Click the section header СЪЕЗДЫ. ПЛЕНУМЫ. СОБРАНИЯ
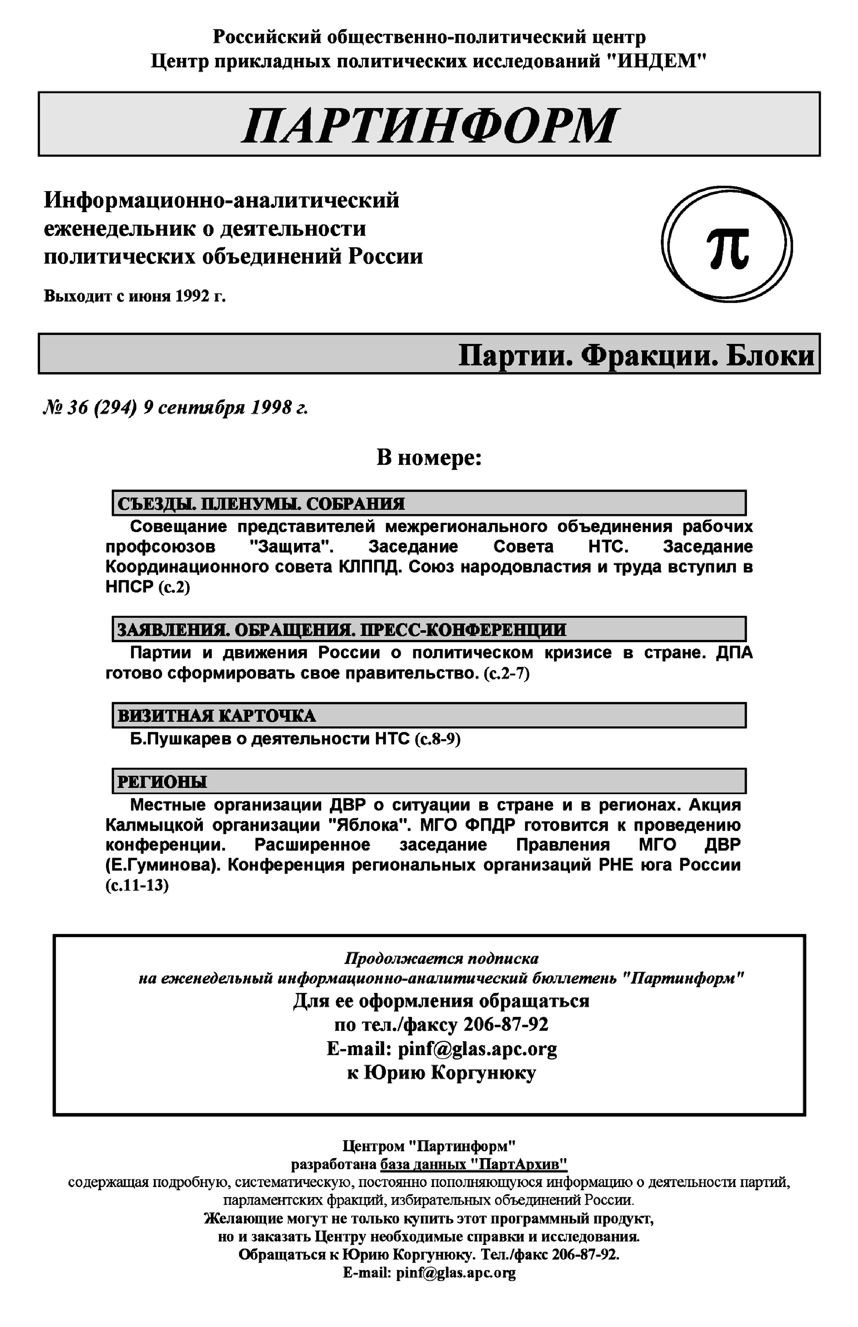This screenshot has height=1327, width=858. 261,504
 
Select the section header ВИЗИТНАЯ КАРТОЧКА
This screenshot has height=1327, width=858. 216,716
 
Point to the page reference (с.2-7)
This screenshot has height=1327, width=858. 506,674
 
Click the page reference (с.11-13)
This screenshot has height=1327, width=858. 137,885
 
